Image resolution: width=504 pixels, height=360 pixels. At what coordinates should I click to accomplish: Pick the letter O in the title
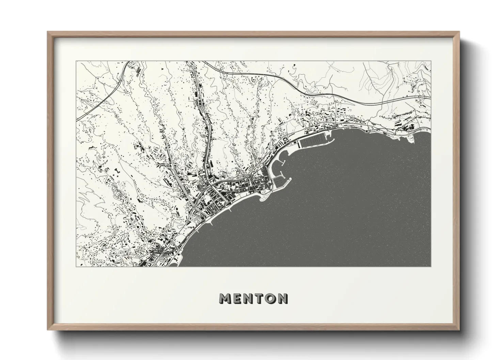[x=271, y=298]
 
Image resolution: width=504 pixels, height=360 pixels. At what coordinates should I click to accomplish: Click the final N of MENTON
[x=283, y=298]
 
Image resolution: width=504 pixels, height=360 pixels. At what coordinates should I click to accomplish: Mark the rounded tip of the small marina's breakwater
[x=291, y=179]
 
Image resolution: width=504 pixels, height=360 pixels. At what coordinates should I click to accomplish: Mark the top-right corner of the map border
[x=431, y=61]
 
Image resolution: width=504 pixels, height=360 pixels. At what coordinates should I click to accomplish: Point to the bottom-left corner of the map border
[x=76, y=266]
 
